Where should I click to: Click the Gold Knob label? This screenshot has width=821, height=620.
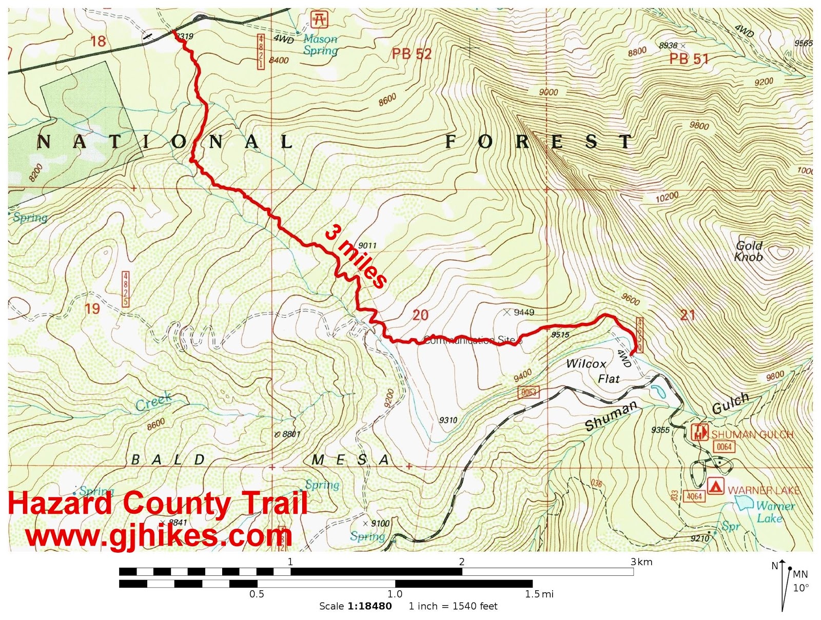click(749, 251)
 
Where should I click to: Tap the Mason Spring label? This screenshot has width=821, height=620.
click(320, 45)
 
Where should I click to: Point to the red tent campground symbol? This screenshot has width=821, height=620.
click(715, 486)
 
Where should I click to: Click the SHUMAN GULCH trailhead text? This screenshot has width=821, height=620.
click(752, 435)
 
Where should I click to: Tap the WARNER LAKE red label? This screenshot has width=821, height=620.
click(764, 490)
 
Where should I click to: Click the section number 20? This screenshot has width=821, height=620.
click(420, 315)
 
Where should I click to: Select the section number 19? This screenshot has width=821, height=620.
click(92, 309)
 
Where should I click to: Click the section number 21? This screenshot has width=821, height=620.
click(687, 315)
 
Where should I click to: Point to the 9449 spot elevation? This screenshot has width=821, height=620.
click(523, 312)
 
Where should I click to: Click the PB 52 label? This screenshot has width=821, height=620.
click(412, 54)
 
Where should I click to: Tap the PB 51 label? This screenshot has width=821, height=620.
click(689, 59)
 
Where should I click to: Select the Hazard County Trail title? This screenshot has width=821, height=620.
click(158, 503)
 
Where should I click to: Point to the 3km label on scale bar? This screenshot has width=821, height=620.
click(641, 561)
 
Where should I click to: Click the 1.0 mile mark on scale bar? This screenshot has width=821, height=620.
click(395, 594)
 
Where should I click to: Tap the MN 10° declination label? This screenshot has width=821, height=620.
click(800, 581)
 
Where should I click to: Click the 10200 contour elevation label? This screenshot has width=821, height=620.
click(667, 197)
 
